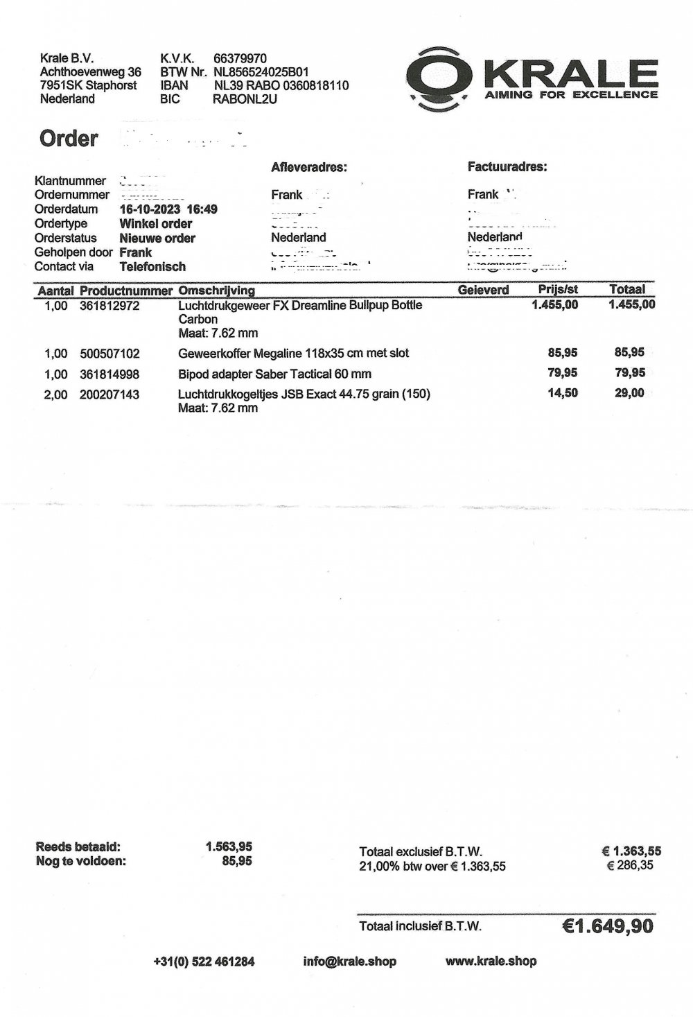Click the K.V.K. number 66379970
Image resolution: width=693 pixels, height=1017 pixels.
tap(240, 59)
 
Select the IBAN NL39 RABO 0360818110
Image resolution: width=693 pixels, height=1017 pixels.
tap(281, 86)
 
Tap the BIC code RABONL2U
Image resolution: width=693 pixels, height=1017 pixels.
tap(245, 99)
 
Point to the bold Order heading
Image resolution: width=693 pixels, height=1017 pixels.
tap(69, 139)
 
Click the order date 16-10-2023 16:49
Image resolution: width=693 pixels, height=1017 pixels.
tap(168, 209)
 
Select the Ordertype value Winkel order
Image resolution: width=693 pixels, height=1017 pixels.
tap(155, 224)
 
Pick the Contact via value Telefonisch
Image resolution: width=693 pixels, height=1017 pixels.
tap(152, 267)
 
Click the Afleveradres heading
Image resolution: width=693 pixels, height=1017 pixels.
tap(309, 167)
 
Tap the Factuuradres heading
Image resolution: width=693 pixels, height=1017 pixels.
tap(507, 167)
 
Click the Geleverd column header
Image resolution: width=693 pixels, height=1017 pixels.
tap(483, 290)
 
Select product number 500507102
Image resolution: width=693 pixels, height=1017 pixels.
tap(109, 354)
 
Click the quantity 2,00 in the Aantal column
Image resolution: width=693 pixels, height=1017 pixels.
tap(56, 395)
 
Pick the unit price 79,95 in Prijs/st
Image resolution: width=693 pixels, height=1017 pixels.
tap(563, 373)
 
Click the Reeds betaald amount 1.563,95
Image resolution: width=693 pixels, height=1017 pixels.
tap(229, 846)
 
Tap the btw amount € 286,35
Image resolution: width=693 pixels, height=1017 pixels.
tap(629, 865)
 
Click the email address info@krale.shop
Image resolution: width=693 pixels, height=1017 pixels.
tap(350, 961)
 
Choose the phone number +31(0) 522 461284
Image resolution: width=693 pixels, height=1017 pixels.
tap(204, 962)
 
